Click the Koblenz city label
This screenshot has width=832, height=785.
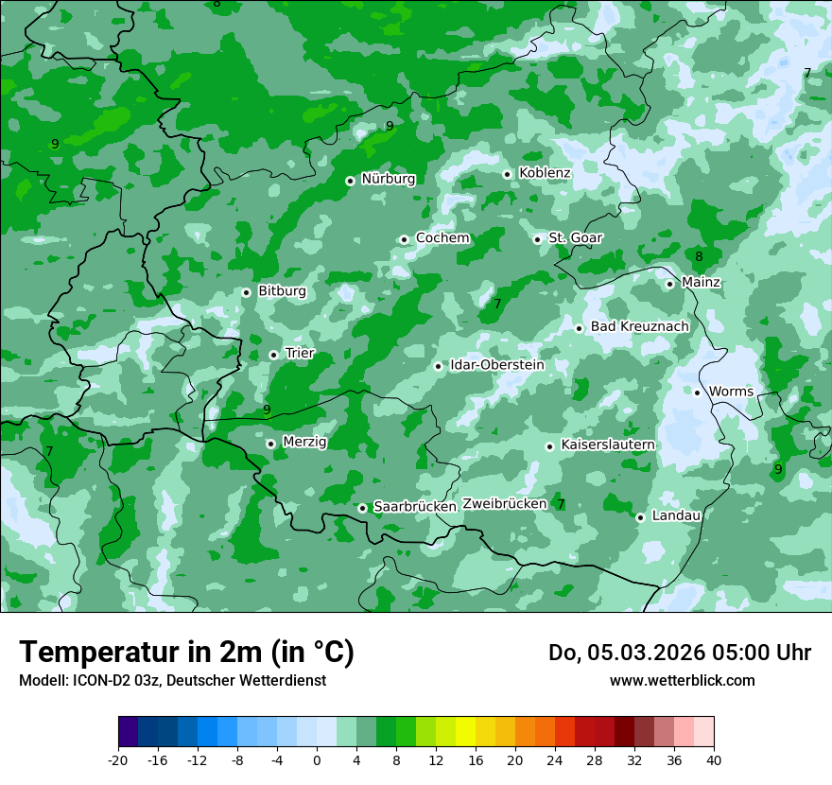point(544,173)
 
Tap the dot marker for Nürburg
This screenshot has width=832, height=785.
point(350,180)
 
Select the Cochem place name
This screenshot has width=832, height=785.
point(442,238)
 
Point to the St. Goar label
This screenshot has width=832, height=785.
point(576,238)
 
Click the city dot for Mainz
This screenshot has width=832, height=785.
point(669,284)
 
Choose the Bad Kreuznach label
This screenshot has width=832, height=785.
point(639,326)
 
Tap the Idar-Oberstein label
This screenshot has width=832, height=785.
point(496,365)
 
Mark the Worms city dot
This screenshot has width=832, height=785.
point(697,392)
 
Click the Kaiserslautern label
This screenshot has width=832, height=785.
point(607,445)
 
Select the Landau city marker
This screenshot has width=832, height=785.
point(640,517)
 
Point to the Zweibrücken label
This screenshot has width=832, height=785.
point(504,504)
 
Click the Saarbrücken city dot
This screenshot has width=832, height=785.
point(362,508)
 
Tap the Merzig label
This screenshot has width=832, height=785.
point(304,442)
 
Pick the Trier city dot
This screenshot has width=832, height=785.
point(273,355)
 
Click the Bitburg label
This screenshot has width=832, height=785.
point(282,291)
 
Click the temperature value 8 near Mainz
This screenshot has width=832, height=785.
point(699,256)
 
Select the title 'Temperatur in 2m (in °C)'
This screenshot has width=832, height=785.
point(186,653)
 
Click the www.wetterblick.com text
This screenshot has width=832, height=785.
point(682,681)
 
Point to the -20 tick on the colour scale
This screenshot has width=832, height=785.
point(118,759)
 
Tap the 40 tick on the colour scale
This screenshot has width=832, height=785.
point(714,759)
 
